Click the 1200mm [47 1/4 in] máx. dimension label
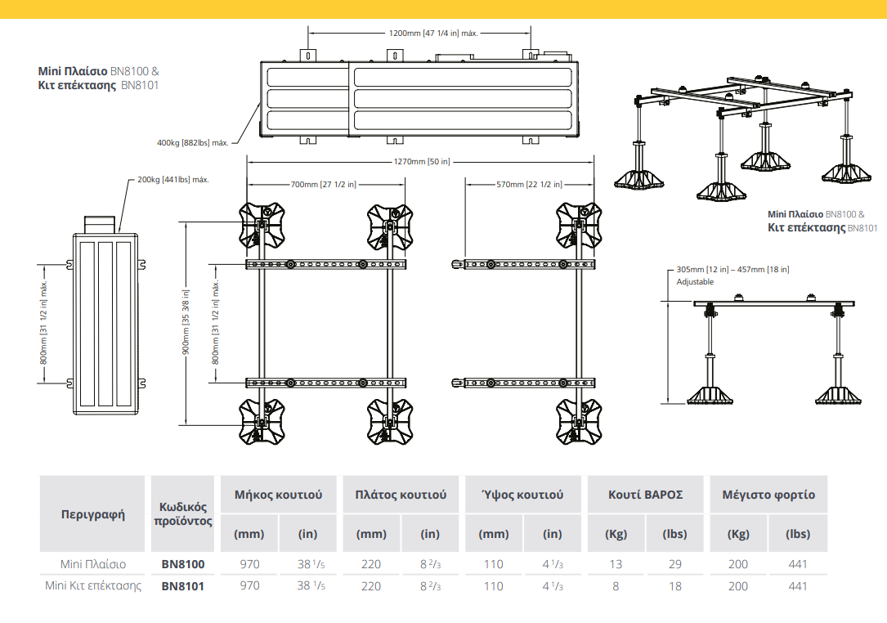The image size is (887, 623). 433,34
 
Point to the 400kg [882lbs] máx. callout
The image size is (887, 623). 192,143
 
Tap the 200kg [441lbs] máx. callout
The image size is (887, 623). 174,179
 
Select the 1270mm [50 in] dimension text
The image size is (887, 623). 421,162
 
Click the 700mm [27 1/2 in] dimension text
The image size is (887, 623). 323,184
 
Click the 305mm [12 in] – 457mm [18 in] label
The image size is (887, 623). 732,270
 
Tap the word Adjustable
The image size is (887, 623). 695,282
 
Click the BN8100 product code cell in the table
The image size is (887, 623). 183,564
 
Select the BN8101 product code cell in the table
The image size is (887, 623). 183,585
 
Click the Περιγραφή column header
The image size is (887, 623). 93,514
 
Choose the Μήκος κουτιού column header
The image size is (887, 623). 278,495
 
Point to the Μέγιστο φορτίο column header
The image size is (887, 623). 768,495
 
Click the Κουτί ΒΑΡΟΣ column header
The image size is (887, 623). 645,495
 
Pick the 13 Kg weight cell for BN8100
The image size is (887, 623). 616,564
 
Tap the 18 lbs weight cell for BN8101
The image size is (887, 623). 674,585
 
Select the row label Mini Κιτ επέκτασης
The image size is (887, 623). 93,585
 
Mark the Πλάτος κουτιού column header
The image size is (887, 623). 401,495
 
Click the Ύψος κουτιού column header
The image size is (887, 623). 522,495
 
